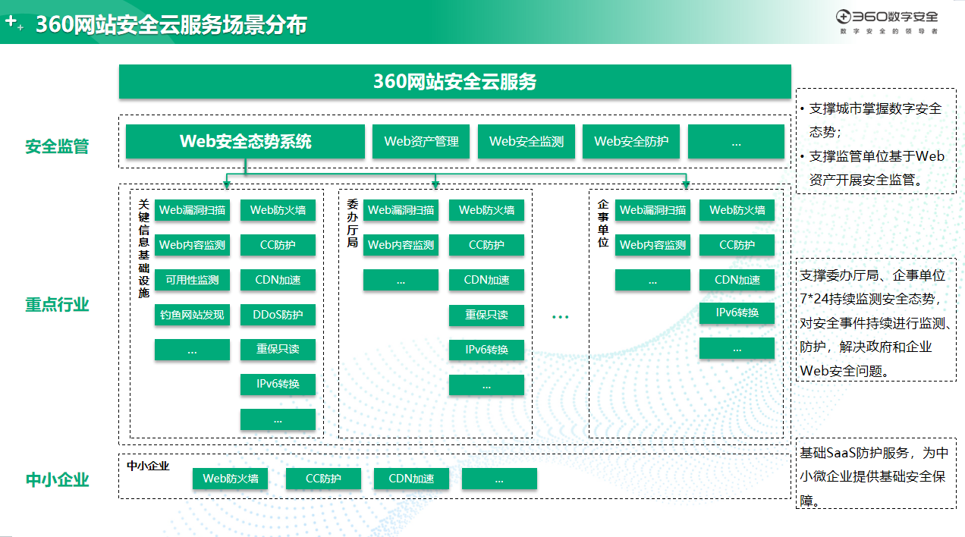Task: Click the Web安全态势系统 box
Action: (245, 142)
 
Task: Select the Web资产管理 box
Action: (421, 142)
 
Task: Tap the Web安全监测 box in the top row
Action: (527, 142)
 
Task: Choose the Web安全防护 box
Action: (631, 142)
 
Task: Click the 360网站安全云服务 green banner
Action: (454, 82)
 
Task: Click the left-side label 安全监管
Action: (57, 146)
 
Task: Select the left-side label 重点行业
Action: (57, 305)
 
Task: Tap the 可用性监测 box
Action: (192, 280)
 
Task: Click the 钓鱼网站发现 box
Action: (192, 315)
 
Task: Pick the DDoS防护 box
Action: (278, 315)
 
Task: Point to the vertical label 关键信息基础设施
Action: (143, 248)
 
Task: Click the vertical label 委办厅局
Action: (352, 223)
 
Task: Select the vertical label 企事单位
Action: (603, 223)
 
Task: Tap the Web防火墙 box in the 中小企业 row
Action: (230, 479)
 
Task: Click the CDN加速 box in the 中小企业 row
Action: (411, 479)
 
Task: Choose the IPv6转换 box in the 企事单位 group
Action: (737, 312)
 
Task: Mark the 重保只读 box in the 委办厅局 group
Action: (486, 315)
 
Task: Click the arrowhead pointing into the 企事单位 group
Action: (686, 184)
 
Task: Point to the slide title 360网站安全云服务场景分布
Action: (171, 25)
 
